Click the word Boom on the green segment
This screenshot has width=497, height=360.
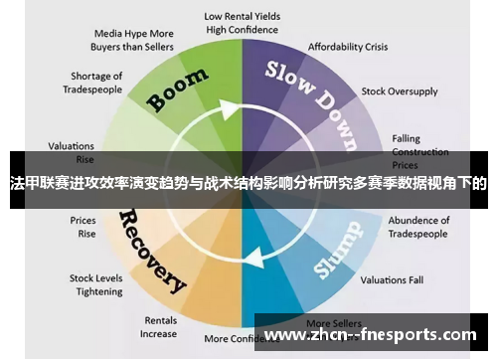point(178,89)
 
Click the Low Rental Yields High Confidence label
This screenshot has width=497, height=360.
point(242,23)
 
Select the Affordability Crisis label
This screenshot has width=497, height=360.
point(348,47)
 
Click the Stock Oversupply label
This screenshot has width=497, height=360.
point(399,91)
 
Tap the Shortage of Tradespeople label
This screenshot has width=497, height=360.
point(96,83)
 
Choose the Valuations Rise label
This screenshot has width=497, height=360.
point(72,150)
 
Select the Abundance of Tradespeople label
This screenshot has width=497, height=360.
point(419,227)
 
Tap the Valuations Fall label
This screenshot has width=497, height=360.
point(391,279)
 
